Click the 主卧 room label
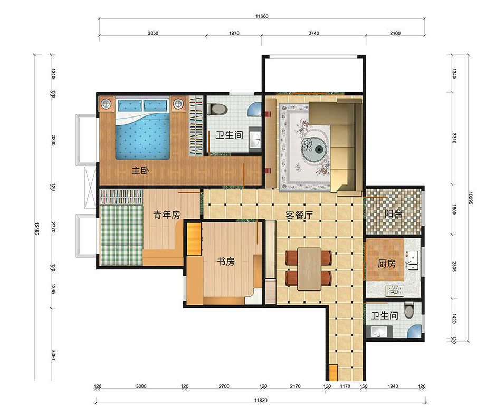[x=140, y=171]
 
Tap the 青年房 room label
[x=167, y=215]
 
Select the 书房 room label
[x=225, y=261]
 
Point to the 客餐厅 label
[x=299, y=216]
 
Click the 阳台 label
[x=393, y=214]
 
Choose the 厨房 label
[x=387, y=263]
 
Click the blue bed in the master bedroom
[x=142, y=129]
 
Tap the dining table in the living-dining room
[x=309, y=269]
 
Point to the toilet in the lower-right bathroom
[x=409, y=310]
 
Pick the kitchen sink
[x=413, y=261]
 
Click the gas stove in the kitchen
[x=395, y=291]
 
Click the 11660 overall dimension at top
[x=262, y=16]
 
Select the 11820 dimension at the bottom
[x=261, y=401]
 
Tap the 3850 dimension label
[x=153, y=33]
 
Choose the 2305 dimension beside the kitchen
[x=454, y=266]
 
